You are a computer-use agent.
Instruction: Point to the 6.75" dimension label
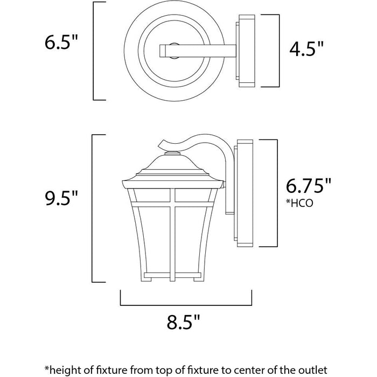[309, 186]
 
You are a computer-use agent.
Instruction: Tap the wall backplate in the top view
[245, 51]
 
